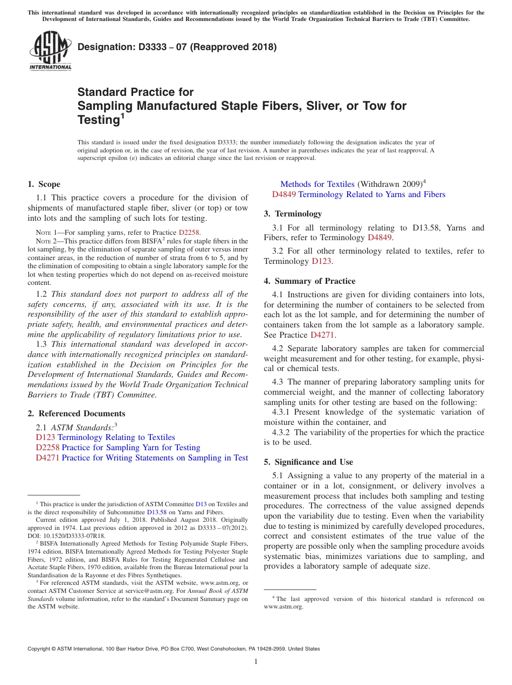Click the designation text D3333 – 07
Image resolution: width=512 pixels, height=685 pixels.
tap(177, 47)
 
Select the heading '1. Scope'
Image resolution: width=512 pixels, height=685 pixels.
tap(44, 184)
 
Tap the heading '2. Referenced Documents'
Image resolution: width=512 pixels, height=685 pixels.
tap(77, 414)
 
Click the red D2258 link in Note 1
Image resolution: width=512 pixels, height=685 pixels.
tap(189, 232)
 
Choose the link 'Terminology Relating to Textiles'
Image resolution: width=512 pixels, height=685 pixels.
tap(116, 437)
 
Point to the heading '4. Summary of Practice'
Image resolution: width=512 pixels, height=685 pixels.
tap(309, 281)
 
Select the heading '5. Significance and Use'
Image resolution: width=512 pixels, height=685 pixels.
tap(308, 462)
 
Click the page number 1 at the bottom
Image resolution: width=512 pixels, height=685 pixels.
tap(256, 662)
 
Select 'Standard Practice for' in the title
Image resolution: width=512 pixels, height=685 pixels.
tap(135, 92)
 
